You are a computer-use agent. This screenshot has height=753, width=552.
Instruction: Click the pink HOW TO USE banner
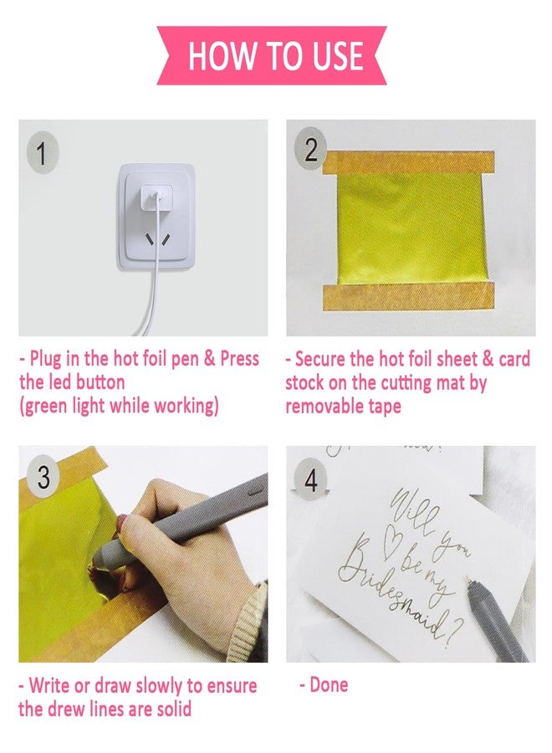[272, 56]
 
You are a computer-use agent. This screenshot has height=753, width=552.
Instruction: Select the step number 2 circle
[310, 150]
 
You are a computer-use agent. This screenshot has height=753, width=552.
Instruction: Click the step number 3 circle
[43, 478]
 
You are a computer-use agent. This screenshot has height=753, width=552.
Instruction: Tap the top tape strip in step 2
[409, 162]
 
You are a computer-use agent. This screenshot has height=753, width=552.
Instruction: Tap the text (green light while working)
[119, 407]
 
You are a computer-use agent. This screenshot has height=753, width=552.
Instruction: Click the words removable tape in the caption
[343, 407]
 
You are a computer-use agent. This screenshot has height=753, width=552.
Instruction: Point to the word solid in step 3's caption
[174, 709]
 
